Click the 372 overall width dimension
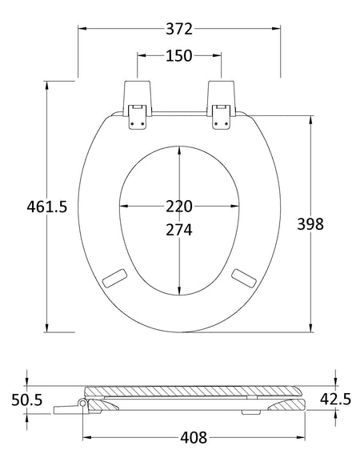point(179,29)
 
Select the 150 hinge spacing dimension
point(179,56)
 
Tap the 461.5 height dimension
point(47,207)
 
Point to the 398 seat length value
point(310,223)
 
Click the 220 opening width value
point(179,207)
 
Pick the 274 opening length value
point(179,230)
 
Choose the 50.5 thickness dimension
point(27,400)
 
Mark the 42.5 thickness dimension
point(335,399)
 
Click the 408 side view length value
point(194,437)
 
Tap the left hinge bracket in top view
point(138,105)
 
